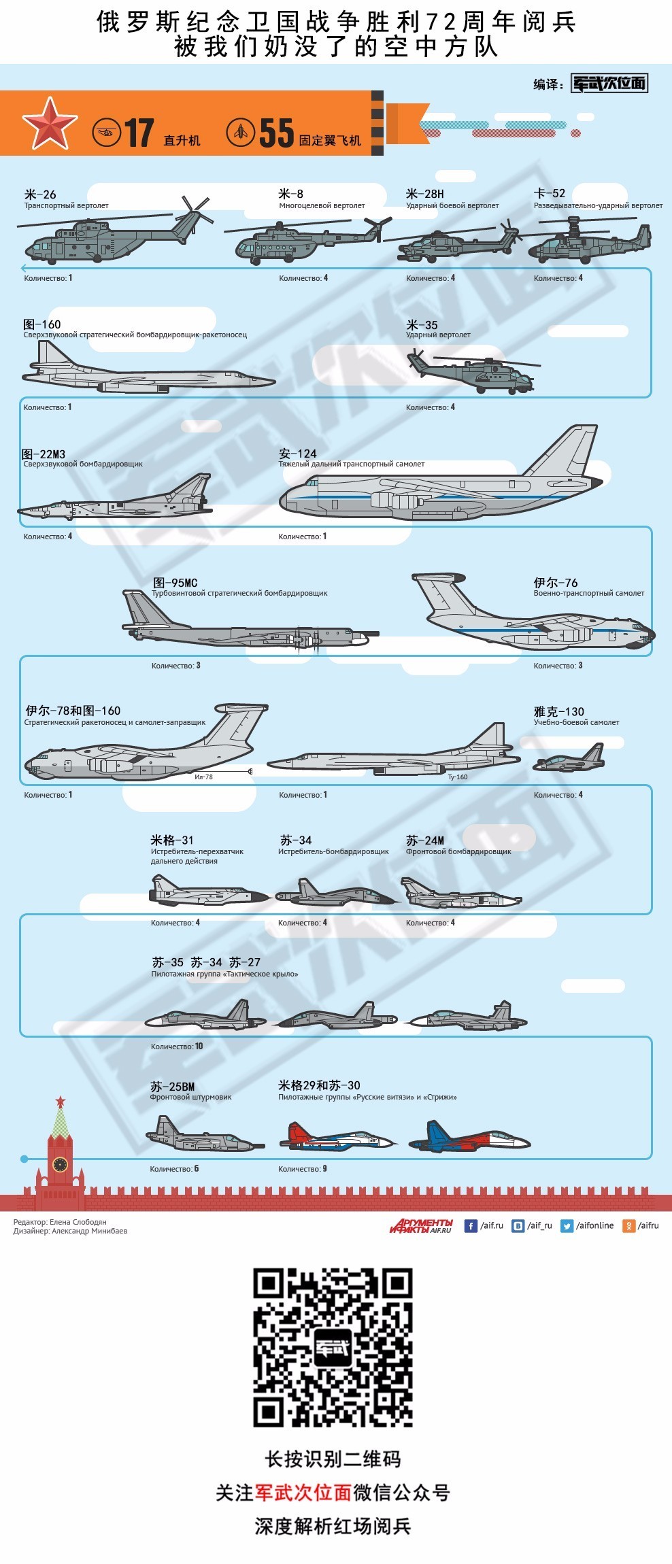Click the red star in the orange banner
pyautogui.click(x=50, y=124)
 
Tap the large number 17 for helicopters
pyautogui.click(x=139, y=133)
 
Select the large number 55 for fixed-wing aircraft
pyautogui.click(x=276, y=133)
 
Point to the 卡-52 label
pyautogui.click(x=550, y=194)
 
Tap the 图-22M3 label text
pyautogui.click(x=44, y=454)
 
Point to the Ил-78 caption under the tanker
pyautogui.click(x=203, y=777)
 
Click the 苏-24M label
pyautogui.click(x=425, y=840)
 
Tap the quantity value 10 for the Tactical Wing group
pyautogui.click(x=199, y=1046)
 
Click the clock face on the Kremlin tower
pyautogui.click(x=60, y=1164)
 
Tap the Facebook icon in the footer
pyautogui.click(x=471, y=1225)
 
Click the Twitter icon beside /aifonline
pyautogui.click(x=567, y=1225)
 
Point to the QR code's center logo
pyautogui.click(x=333, y=1348)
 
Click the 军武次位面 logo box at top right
pyautogui.click(x=609, y=84)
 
